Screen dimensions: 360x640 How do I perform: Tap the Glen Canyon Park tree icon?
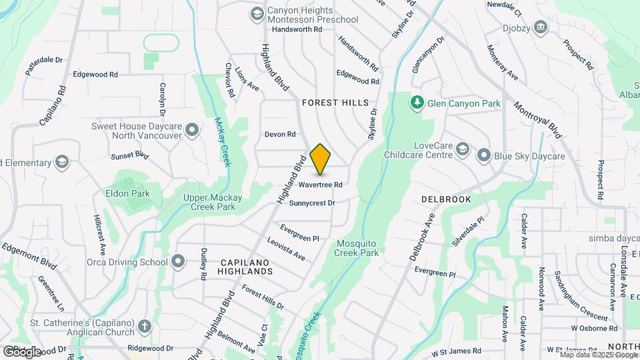(x=417, y=103)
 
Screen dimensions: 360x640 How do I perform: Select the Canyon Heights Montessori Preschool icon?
(x=257, y=14)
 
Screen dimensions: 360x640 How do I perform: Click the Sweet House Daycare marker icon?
(x=193, y=130)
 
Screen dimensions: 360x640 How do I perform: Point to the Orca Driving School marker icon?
(x=178, y=261)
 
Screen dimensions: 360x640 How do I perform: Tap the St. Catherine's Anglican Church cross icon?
(x=145, y=327)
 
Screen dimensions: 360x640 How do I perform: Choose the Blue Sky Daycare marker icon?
(x=484, y=156)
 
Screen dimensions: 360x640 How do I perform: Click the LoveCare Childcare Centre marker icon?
(x=463, y=151)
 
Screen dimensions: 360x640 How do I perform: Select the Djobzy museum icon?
(x=540, y=27)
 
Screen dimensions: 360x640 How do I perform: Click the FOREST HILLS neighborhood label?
(x=335, y=103)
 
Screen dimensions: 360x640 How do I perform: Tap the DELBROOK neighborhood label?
(x=446, y=199)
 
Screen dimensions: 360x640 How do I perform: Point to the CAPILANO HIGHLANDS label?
(x=247, y=267)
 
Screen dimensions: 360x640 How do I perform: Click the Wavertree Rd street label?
(x=321, y=185)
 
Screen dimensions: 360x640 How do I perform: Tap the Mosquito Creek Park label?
(x=357, y=248)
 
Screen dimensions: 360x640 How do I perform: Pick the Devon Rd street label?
(x=280, y=134)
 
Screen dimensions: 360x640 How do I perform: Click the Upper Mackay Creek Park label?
(x=209, y=202)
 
